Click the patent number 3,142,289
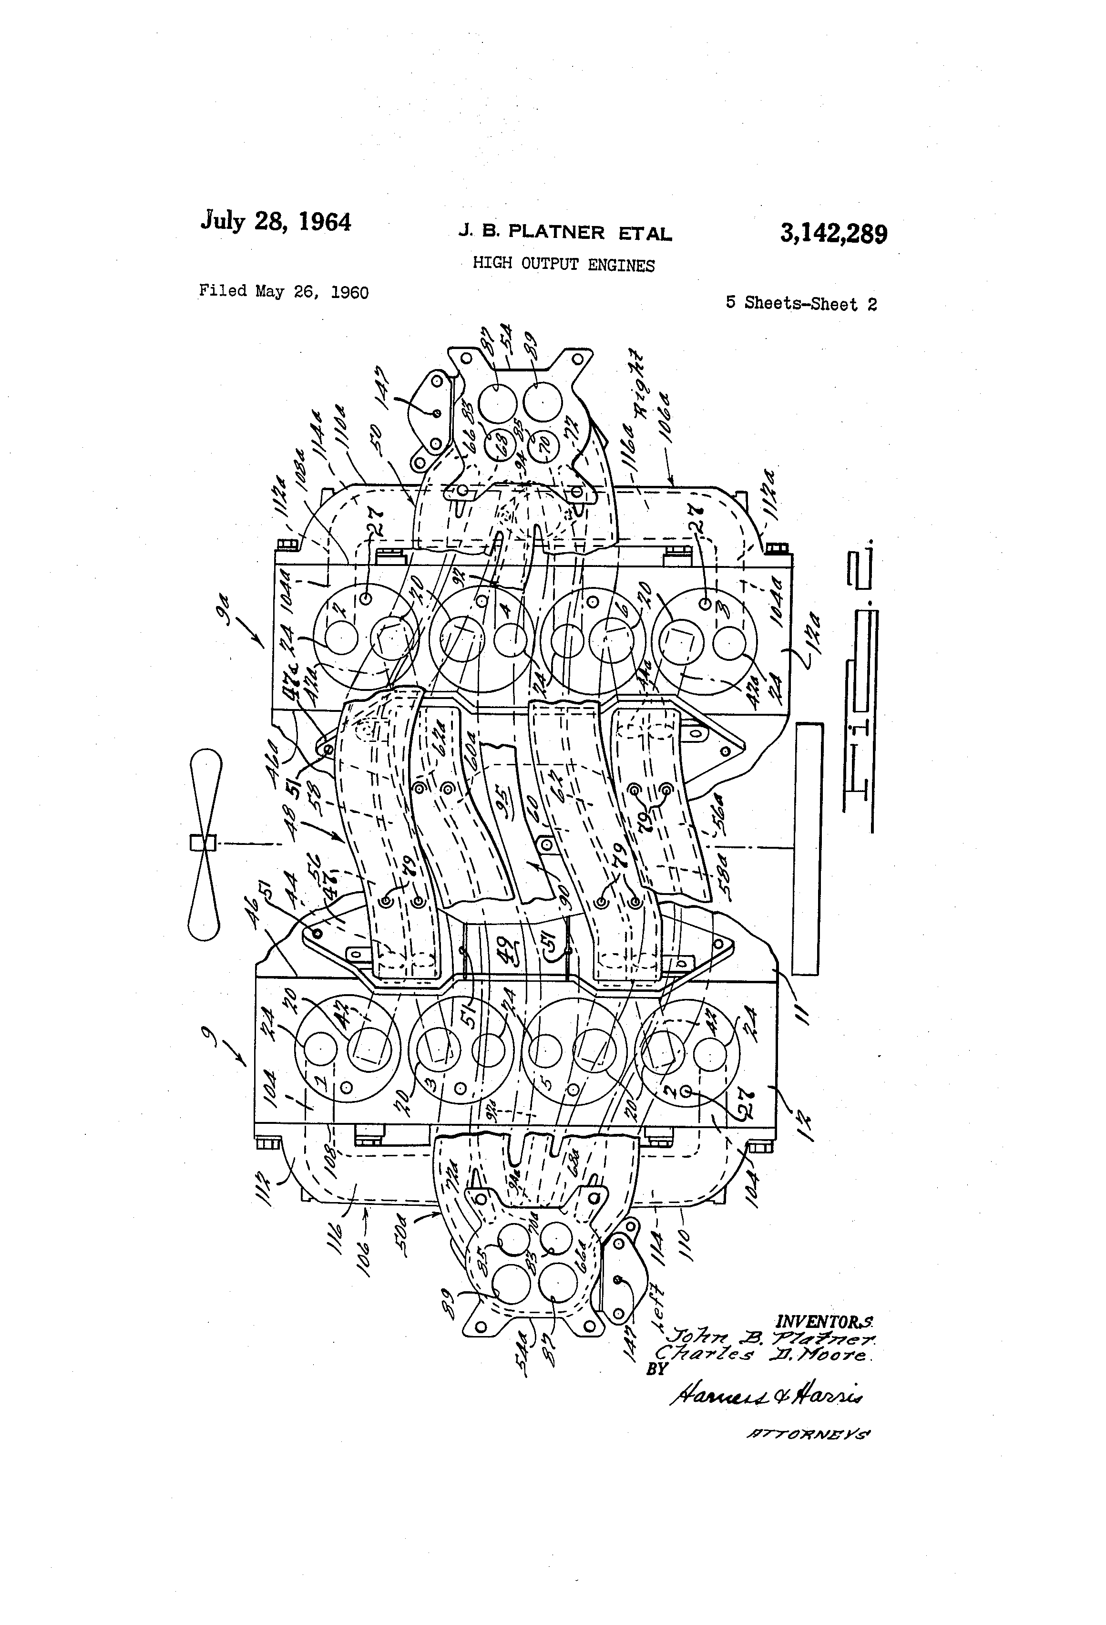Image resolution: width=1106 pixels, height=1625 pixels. tap(833, 234)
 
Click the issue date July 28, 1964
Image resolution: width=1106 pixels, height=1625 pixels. tap(276, 222)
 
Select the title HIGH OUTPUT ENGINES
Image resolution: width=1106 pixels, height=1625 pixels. tap(563, 264)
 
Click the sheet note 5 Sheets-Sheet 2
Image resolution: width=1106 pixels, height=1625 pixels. tap(801, 303)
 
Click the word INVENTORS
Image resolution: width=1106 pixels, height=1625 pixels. tap(825, 1322)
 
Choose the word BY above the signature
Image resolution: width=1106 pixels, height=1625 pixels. tap(657, 1369)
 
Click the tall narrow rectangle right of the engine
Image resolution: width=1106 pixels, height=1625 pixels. tap(808, 848)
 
